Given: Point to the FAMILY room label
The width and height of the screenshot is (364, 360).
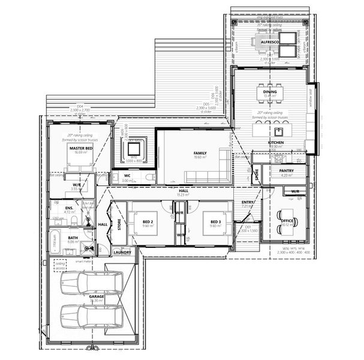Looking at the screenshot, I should coord(200,154).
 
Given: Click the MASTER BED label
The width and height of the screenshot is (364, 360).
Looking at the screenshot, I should coord(80,148).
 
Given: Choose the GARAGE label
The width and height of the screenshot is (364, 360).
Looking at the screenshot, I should coord(97,296).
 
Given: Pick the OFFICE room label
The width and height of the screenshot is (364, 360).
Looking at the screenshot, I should coord(287,221).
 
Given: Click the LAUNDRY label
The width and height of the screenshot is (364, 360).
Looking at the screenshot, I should coord(122,253).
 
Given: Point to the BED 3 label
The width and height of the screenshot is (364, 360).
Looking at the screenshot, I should coord(216,223).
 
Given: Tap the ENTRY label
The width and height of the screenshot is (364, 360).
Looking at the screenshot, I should coord(248,202).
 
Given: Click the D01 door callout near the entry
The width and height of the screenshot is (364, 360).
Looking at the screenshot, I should coord(248,227).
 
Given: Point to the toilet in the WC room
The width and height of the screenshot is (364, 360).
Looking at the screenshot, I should coord(149,178).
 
